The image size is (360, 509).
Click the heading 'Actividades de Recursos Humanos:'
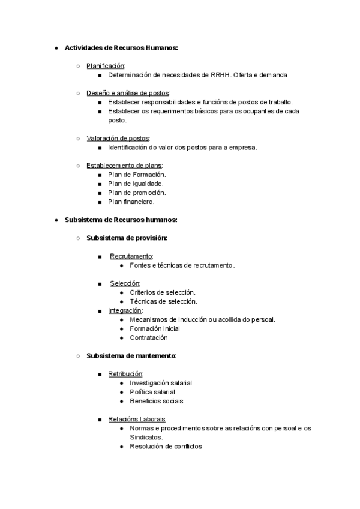(121, 47)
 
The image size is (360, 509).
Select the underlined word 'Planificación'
(105, 66)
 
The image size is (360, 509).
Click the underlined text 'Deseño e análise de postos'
(128, 93)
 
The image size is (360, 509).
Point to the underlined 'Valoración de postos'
(118, 138)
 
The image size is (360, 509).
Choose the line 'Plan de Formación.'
(137, 174)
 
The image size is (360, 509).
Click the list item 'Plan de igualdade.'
(136, 184)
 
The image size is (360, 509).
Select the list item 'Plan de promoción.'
(137, 193)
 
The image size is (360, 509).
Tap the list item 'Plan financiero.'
(131, 202)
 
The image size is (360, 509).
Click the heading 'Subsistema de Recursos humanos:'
(121, 220)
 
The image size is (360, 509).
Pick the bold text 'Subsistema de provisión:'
(127, 238)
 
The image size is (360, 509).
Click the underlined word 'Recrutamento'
(131, 256)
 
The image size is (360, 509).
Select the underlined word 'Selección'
(124, 283)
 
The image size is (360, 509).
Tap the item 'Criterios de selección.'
(163, 292)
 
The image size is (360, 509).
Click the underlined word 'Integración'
(125, 310)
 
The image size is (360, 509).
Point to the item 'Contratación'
(149, 337)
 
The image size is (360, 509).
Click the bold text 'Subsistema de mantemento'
(131, 356)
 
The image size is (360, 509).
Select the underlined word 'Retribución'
(125, 374)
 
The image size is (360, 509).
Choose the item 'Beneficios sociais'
(157, 401)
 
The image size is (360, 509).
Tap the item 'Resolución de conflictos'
(166, 446)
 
